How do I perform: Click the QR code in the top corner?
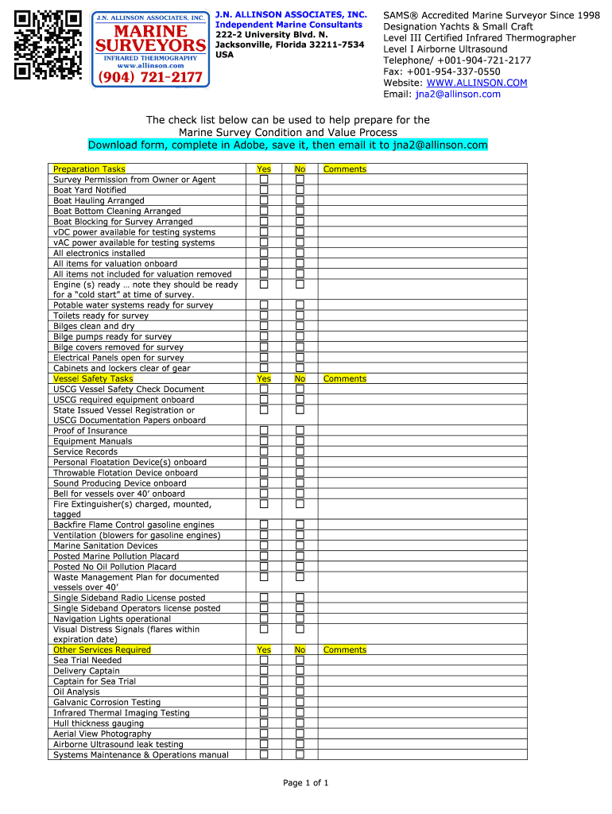point(48,45)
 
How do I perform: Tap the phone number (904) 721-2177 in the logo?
point(150,78)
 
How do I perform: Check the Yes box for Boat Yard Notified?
point(264,190)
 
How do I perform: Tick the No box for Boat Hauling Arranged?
point(300,200)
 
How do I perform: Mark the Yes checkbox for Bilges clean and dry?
point(264,326)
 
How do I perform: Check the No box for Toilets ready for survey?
point(300,316)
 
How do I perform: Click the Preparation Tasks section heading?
point(89,169)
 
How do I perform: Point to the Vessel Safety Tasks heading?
point(93,378)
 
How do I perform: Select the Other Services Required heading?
point(102,649)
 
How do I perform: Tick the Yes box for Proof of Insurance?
point(264,431)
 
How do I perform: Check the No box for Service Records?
point(300,452)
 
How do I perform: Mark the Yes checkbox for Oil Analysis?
point(264,692)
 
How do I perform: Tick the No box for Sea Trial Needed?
point(300,660)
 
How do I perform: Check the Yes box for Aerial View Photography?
point(264,734)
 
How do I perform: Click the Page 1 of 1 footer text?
point(306,783)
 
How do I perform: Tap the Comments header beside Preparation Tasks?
point(345,169)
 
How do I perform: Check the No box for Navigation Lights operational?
point(300,618)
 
